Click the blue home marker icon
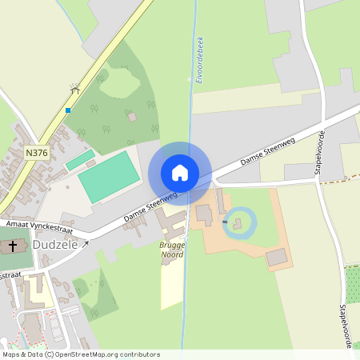pyautogui.click(x=180, y=173)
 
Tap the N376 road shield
pyautogui.click(x=36, y=152)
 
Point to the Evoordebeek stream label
pyautogui.click(x=200, y=59)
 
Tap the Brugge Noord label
pyautogui.click(x=172, y=249)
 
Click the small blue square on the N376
pyautogui.click(x=68, y=110)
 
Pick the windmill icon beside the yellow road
pyautogui.click(x=75, y=88)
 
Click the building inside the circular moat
pyautogui.click(x=237, y=224)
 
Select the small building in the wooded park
pyautogui.click(x=132, y=117)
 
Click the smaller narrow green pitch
pyautogui.click(x=79, y=161)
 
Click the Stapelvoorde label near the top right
pyautogui.click(x=319, y=152)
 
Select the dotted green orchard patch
pyautogui.click(x=352, y=285)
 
